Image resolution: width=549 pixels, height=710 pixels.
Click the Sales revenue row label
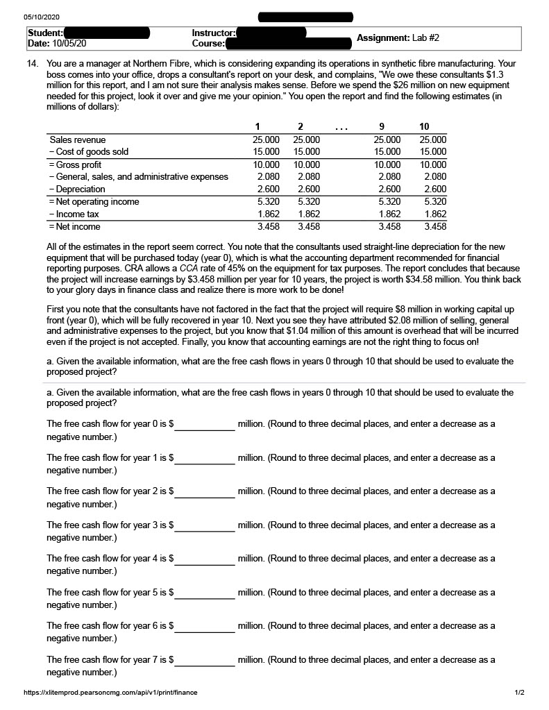click(76, 139)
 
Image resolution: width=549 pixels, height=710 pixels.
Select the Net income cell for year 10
click(434, 226)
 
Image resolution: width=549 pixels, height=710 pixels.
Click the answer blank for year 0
click(205, 424)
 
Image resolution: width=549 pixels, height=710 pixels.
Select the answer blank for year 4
click(205, 559)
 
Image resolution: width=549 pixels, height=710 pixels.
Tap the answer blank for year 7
click(205, 660)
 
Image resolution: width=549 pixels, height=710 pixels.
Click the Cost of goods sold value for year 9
click(387, 151)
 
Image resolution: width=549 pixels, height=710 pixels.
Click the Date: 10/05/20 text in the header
click(57, 43)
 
